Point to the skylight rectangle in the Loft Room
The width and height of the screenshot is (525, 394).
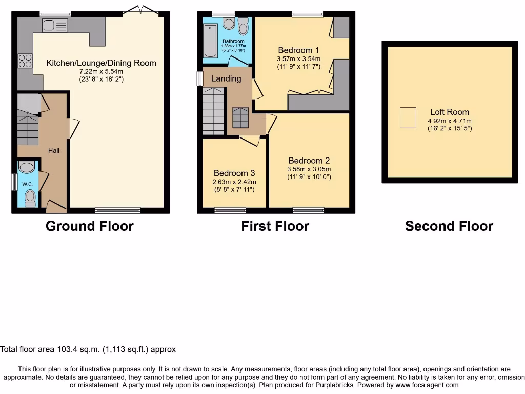click(408, 117)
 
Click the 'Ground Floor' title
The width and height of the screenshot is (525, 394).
click(90, 226)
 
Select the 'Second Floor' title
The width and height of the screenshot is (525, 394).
click(449, 226)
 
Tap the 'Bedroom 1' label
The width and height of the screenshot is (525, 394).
click(298, 50)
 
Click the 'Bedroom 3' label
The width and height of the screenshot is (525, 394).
click(234, 173)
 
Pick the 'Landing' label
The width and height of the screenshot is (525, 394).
click(226, 78)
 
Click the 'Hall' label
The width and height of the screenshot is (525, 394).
click(54, 150)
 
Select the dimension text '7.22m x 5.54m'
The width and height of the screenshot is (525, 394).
click(101, 72)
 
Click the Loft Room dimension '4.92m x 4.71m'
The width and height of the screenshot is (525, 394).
click(450, 121)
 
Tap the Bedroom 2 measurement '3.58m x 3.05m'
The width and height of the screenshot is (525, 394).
click(309, 169)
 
